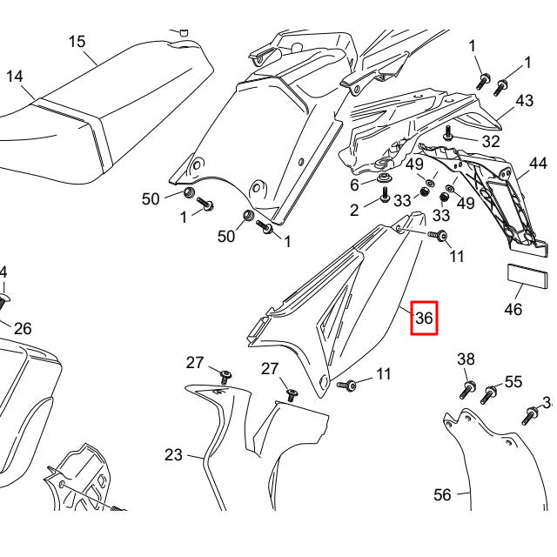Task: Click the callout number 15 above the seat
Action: point(77,41)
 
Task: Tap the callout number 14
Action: point(15,76)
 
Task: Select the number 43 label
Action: point(524,101)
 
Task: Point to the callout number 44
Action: point(538,164)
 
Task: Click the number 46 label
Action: point(513,309)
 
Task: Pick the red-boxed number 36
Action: point(424,319)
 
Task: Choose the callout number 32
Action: point(491,141)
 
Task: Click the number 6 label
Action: point(354,185)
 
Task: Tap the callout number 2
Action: point(354,210)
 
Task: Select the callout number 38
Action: point(466,359)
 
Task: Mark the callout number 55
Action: point(513,381)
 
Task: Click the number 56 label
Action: point(443,494)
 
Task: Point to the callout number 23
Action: point(173,454)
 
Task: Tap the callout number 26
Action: point(23,328)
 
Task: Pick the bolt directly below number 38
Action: point(467,387)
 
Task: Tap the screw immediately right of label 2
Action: point(384,197)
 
